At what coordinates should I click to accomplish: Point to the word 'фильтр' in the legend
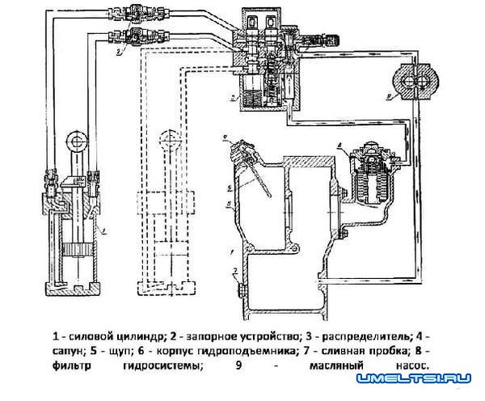coord(72,365)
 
